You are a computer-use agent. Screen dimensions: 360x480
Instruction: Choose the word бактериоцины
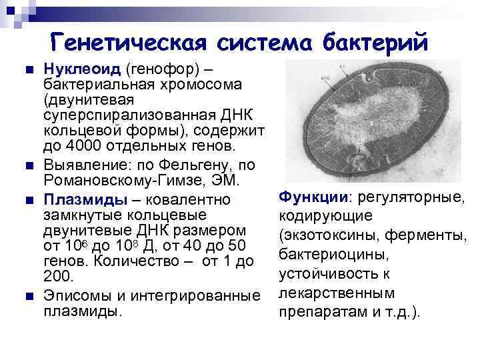tap(323, 255)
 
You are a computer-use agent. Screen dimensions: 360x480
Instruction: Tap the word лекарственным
tap(323, 294)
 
